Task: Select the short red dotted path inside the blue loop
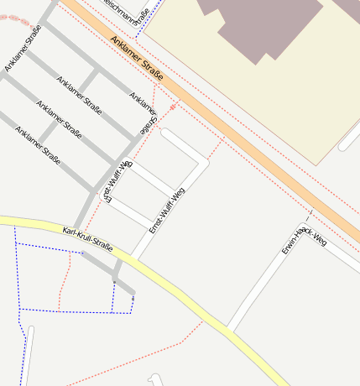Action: tap(62, 281)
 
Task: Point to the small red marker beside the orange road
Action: tap(175, 107)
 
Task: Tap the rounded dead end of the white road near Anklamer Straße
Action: tap(166, 133)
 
